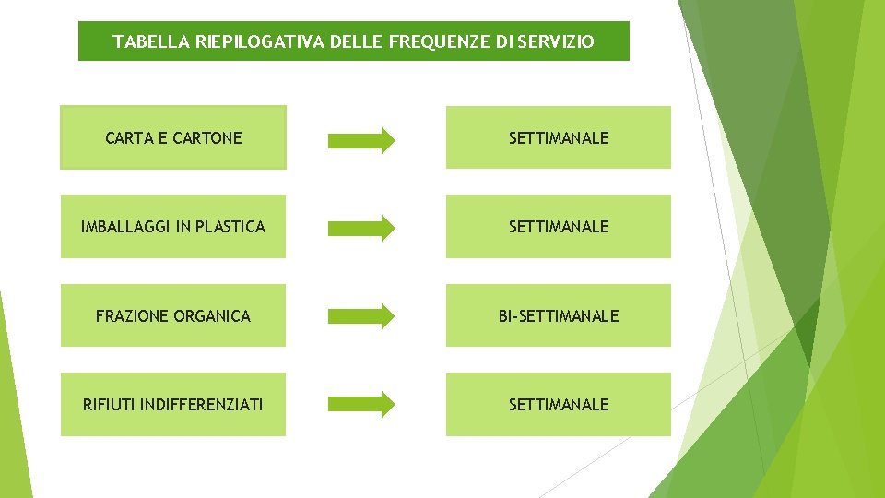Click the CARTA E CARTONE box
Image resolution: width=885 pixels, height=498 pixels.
[x=173, y=138]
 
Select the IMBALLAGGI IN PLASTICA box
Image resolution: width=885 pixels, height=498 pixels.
[x=173, y=227]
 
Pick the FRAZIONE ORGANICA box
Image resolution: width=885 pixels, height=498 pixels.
[x=173, y=316]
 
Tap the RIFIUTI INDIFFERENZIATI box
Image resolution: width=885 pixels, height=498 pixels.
[x=173, y=405]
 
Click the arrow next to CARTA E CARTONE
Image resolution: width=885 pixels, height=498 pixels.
[x=361, y=140]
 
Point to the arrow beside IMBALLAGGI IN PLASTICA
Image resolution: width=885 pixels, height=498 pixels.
[x=361, y=228]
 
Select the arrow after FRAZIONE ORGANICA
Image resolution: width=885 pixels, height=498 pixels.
[x=361, y=316]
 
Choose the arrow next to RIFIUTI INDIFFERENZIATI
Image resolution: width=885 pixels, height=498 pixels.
[x=361, y=404]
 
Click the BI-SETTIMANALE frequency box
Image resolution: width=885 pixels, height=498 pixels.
[x=559, y=316]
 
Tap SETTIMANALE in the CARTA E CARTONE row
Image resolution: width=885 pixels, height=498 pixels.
[x=559, y=138]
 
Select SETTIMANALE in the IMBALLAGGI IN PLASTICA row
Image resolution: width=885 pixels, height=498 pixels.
[x=559, y=227]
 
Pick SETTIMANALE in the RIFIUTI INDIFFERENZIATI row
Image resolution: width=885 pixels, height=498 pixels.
[x=559, y=405]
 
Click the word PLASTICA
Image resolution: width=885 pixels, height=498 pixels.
[x=230, y=227]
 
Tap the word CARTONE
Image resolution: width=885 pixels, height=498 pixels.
[x=206, y=138]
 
